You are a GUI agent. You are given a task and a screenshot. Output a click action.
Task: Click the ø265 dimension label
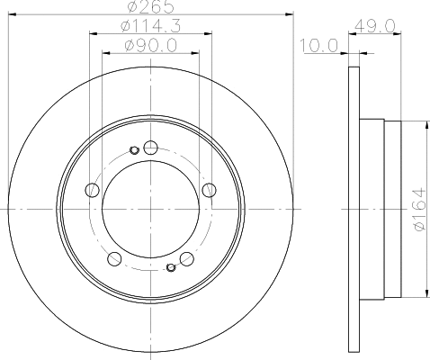click(150, 6)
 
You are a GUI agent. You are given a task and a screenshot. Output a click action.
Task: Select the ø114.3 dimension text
click(151, 26)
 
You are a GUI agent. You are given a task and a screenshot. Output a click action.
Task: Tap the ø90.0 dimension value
click(151, 46)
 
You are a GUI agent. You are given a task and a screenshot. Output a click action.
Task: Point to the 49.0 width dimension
click(374, 26)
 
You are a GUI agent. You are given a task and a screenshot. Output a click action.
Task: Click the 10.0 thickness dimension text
click(319, 46)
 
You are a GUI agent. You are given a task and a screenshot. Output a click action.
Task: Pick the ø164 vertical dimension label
click(420, 210)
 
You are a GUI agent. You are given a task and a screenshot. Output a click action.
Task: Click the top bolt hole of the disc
click(151, 148)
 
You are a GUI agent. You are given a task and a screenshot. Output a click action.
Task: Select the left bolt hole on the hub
click(93, 190)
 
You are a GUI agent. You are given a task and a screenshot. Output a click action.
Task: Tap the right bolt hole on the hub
click(209, 190)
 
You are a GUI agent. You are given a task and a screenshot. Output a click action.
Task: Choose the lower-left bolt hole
click(114, 258)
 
